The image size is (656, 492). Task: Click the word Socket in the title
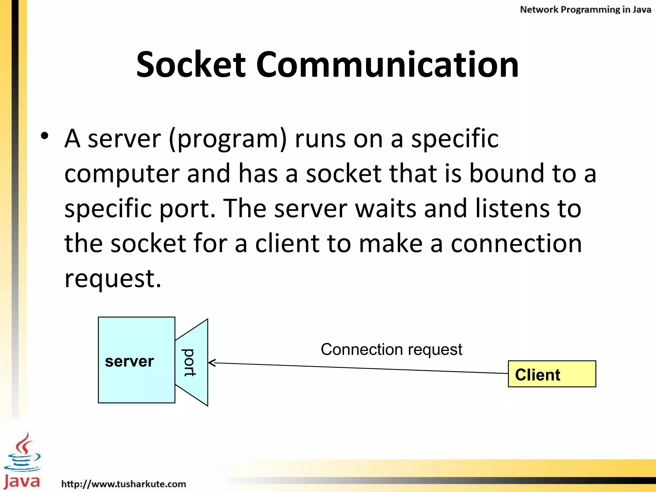click(191, 65)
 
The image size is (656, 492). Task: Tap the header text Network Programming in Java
click(585, 10)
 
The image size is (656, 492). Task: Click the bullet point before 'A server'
click(45, 136)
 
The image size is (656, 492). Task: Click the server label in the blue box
click(129, 361)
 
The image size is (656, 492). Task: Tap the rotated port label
click(189, 362)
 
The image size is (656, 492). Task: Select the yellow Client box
click(552, 374)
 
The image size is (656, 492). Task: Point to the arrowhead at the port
click(211, 363)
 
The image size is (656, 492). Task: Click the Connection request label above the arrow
click(391, 349)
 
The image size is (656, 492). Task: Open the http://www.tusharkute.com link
click(124, 484)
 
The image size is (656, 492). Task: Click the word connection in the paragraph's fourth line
click(516, 243)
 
